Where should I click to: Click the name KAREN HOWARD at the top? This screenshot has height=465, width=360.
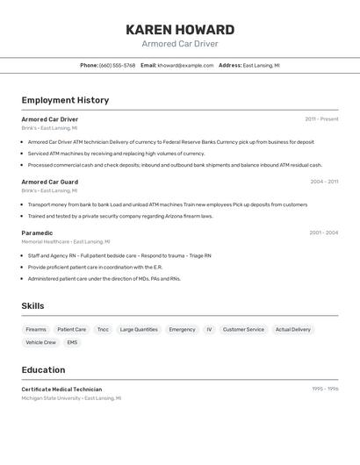180,30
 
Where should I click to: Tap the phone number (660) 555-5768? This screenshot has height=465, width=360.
117,65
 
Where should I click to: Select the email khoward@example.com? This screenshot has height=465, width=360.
185,65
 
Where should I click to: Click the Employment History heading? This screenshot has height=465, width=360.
65,100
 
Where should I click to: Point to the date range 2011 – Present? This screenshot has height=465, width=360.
321,119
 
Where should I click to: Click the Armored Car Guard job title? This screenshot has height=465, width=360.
49,182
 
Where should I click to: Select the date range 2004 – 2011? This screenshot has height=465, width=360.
324,182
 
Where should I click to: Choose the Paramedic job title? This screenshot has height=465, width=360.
37,232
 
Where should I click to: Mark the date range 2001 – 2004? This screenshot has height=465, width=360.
323,232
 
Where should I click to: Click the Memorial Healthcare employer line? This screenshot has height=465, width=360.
66,241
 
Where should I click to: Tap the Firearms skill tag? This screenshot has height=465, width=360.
36,329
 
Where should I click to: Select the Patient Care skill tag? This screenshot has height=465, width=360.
71,329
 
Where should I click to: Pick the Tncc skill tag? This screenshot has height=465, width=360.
103,329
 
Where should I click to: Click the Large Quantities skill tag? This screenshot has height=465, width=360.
139,329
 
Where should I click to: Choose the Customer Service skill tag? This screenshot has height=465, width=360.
243,329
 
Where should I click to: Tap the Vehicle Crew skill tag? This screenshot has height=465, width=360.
40,342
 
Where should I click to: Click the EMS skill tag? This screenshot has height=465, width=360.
72,342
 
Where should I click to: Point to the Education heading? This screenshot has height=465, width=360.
43,369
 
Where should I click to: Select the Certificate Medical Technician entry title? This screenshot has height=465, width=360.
61,389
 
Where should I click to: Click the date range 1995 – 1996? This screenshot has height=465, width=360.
325,389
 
